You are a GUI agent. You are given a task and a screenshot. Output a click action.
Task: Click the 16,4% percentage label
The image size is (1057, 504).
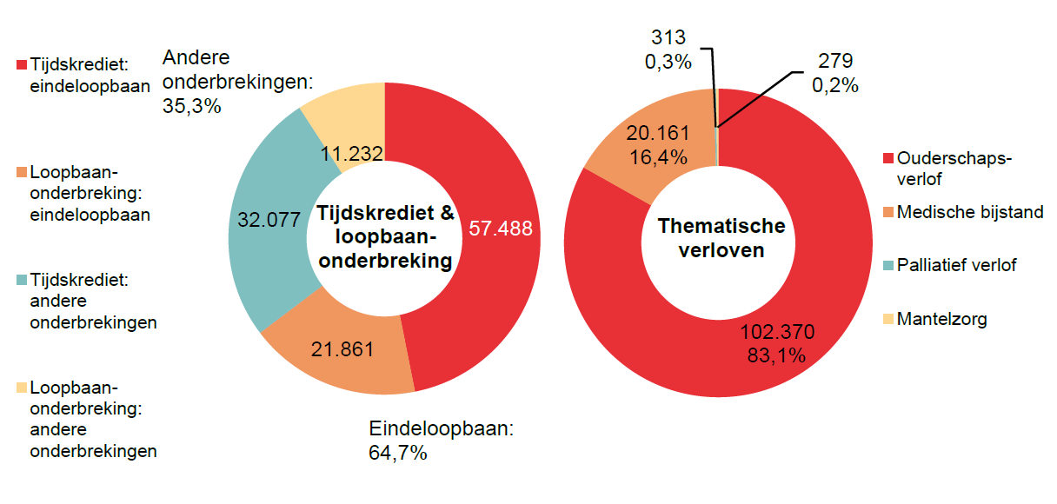tap(657, 157)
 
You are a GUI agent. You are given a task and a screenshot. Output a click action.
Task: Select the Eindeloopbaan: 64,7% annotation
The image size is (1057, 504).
tap(442, 441)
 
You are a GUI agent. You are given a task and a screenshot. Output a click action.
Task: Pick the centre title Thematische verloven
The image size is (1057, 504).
tap(721, 238)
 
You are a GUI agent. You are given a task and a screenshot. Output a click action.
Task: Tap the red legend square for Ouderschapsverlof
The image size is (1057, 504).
tap(887, 159)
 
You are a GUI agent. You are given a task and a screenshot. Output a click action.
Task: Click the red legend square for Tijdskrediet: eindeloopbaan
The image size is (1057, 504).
tap(21, 65)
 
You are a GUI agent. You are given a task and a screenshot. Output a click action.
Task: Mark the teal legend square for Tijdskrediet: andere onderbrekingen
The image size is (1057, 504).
tap(21, 281)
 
